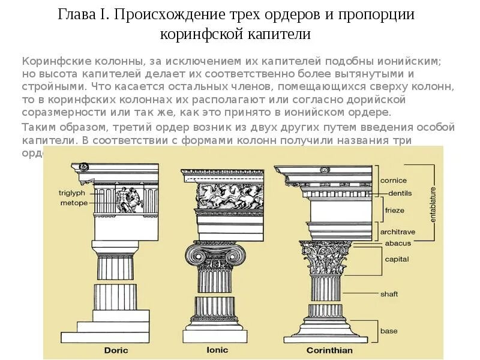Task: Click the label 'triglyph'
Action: coord(73,193)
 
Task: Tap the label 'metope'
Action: coord(74,203)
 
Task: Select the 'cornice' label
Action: coord(394,180)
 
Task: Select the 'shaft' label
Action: coord(389,294)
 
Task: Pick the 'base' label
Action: coord(388,331)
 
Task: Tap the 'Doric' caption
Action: coord(116,350)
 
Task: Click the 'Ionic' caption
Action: coord(217,350)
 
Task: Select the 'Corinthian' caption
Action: coord(329,350)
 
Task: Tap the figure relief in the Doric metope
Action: coord(129,200)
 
